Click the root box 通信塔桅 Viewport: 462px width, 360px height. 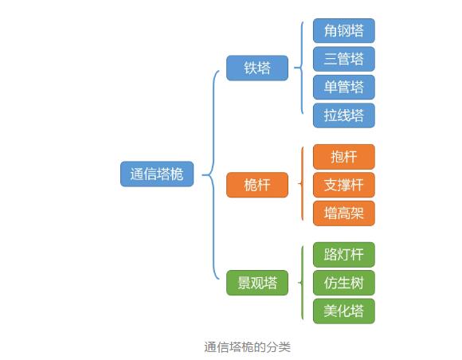(x=157, y=174)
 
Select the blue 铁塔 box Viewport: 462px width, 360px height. (x=257, y=68)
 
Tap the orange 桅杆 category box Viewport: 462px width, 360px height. (x=257, y=185)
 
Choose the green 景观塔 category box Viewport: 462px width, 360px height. (x=257, y=283)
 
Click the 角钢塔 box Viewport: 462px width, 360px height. (x=344, y=30)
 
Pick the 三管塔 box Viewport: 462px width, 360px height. (x=344, y=59)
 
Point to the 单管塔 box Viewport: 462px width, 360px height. (x=344, y=87)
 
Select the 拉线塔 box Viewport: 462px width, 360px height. (x=344, y=115)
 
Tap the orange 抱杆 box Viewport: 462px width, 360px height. (x=344, y=157)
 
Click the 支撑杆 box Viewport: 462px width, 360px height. (x=344, y=185)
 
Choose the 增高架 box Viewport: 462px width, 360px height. (x=344, y=213)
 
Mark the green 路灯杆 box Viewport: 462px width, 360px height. (x=344, y=255)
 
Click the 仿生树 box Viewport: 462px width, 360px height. (x=344, y=283)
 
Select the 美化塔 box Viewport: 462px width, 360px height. (x=344, y=311)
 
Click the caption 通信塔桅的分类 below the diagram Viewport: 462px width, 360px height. (x=247, y=347)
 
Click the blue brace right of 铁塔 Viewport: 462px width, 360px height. (x=301, y=68)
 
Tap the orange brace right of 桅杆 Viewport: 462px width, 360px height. (x=302, y=184)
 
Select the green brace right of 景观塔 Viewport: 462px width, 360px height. (x=302, y=283)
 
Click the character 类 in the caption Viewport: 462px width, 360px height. (x=284, y=347)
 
